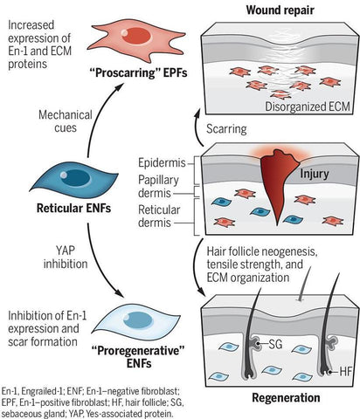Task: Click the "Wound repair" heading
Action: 280,10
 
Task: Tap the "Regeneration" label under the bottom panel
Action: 286,398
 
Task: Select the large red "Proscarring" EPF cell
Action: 136,38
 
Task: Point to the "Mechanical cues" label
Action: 66,121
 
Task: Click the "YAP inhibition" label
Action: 66,258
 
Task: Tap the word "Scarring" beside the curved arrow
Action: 226,129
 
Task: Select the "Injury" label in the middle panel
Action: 315,174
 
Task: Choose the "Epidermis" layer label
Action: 162,163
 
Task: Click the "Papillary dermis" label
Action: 158,186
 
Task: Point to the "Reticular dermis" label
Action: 159,216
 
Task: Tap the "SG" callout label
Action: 274,344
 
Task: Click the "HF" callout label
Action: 346,372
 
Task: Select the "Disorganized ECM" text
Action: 308,106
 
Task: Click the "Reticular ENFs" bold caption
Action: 73,209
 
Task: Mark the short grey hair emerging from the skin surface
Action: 304,284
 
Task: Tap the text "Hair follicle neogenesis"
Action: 262,251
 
